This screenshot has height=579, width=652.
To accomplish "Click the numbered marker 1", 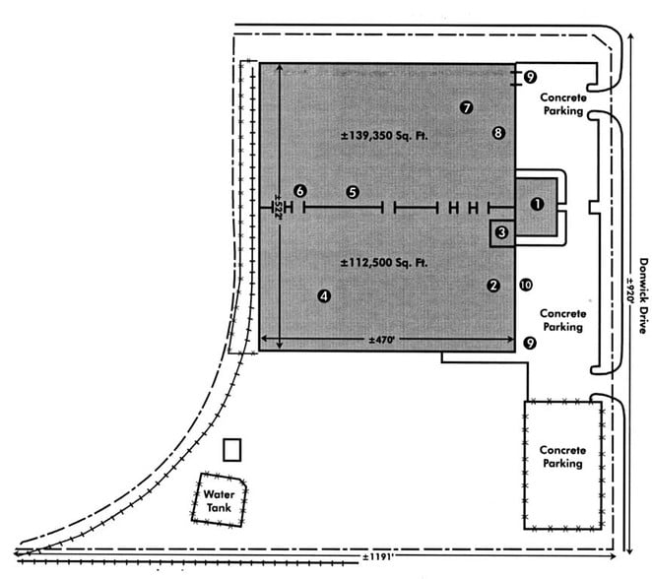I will click(537, 204).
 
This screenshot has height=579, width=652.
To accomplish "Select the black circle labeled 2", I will click(492, 286).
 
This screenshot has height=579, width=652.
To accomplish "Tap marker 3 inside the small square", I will click(501, 232).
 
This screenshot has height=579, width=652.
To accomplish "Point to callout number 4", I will click(324, 294).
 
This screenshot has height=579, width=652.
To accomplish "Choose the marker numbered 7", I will click(467, 107).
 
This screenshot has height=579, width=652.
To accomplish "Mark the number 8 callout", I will click(498, 132).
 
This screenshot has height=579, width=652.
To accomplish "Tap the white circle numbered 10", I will click(525, 285).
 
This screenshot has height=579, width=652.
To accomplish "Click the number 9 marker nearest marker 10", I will click(530, 343).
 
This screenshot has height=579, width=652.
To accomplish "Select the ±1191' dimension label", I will click(376, 558).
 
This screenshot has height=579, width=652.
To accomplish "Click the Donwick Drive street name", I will click(642, 295).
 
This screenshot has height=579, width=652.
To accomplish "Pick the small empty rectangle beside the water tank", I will click(232, 450).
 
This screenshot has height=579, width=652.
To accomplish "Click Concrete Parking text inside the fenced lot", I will click(562, 455).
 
